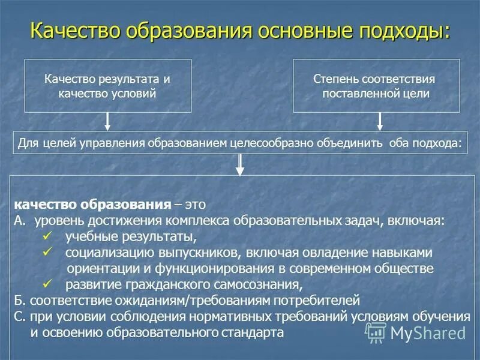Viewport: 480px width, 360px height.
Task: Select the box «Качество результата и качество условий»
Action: coord(108,86)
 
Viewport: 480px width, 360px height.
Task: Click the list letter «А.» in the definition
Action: coord(21,220)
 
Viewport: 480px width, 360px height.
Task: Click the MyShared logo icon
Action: coord(377,332)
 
